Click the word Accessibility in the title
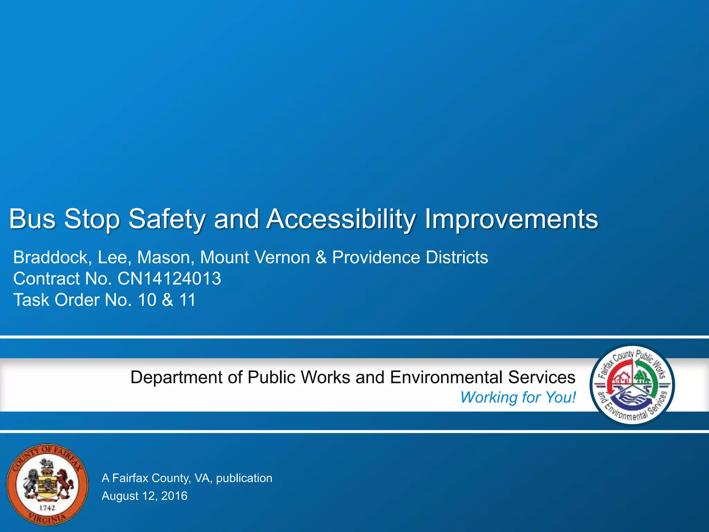tap(341, 219)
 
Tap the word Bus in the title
tap(32, 219)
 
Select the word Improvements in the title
tap(511, 219)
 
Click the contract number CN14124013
tap(169, 279)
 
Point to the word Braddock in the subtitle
tap(52, 258)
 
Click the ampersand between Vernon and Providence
tap(321, 258)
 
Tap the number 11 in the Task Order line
tap(187, 300)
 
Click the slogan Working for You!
tap(518, 397)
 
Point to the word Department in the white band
tap(176, 378)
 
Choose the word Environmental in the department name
tap(446, 378)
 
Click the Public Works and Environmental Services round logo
tap(632, 384)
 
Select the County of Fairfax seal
tap(47, 485)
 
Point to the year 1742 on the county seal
tap(47, 508)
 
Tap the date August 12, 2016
tap(144, 496)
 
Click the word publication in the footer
tap(244, 478)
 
